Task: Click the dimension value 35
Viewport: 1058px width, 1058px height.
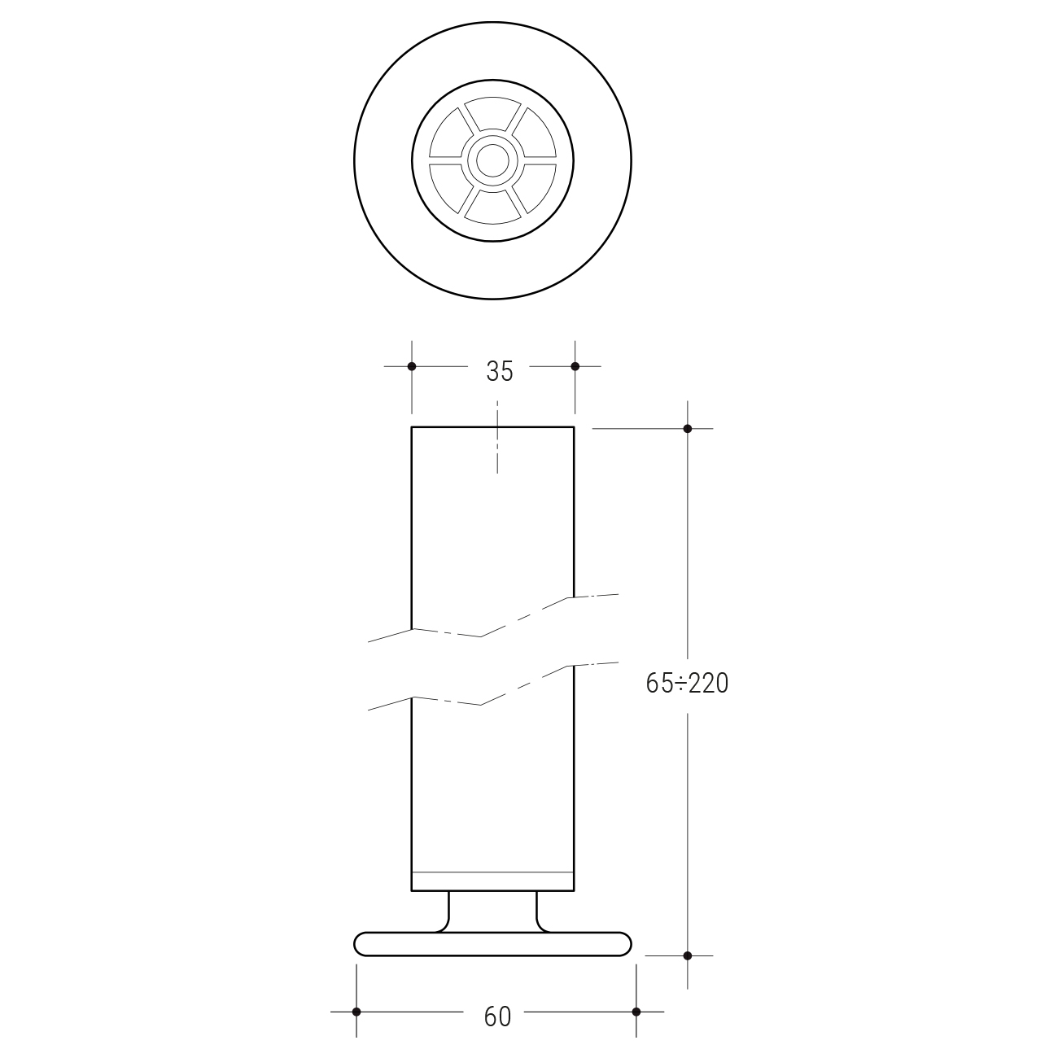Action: pyautogui.click(x=500, y=372)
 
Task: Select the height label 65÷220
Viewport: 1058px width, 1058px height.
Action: pyautogui.click(x=687, y=684)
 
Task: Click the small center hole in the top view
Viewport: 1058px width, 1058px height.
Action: pyautogui.click(x=492, y=161)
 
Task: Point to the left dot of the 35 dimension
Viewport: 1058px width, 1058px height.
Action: pyautogui.click(x=412, y=366)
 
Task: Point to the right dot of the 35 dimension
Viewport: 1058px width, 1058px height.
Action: pyautogui.click(x=575, y=366)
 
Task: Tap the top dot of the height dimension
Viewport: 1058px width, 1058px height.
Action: pyautogui.click(x=688, y=429)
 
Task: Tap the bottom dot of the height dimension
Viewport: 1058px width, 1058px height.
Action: pyautogui.click(x=688, y=956)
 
